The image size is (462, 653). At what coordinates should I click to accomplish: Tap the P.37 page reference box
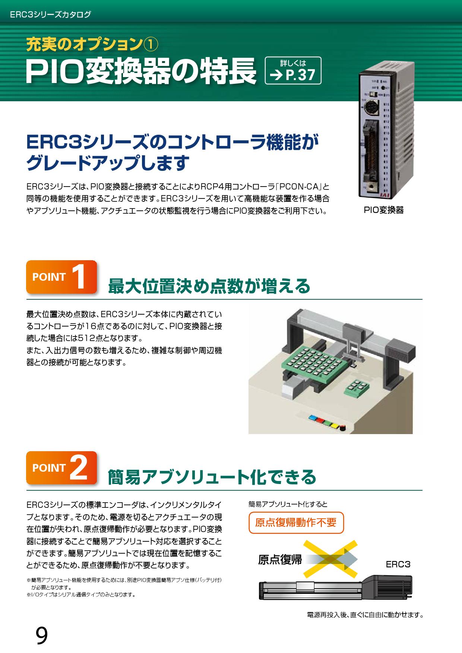pyautogui.click(x=292, y=70)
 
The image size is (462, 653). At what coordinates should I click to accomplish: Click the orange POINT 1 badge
pyautogui.click(x=61, y=277)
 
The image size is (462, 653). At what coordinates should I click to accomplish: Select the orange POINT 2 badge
pyautogui.click(x=61, y=468)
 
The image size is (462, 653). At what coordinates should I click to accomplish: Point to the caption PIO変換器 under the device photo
pyautogui.click(x=383, y=210)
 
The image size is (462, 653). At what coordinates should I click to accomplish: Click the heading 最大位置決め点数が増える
pyautogui.click(x=209, y=286)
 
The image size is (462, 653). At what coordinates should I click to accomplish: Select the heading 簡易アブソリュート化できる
pyautogui.click(x=212, y=477)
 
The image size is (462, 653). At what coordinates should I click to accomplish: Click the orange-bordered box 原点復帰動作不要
pyautogui.click(x=296, y=523)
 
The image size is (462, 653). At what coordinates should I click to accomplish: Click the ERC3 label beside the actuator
pyautogui.click(x=398, y=564)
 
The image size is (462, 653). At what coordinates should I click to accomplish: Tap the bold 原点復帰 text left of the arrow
pyautogui.click(x=280, y=560)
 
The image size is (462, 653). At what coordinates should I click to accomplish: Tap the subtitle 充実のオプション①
pyautogui.click(x=92, y=45)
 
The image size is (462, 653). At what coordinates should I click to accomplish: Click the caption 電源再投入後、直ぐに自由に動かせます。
pyautogui.click(x=365, y=615)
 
